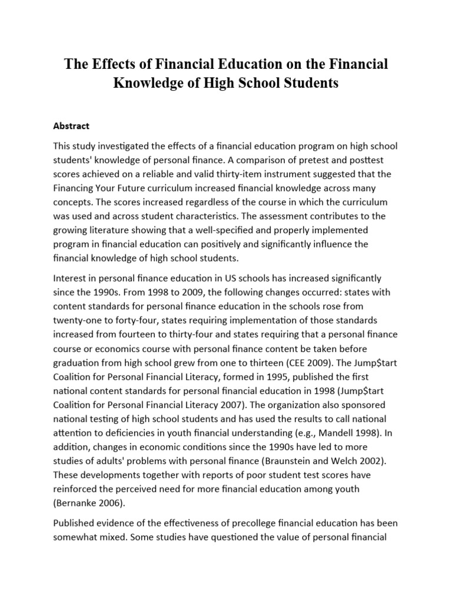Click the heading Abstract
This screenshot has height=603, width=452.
coord(71,125)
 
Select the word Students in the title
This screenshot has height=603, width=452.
coord(310,83)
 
